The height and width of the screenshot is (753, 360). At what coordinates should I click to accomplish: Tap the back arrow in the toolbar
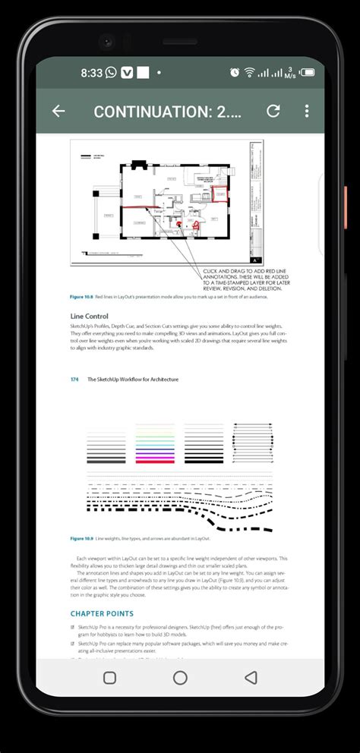point(58,111)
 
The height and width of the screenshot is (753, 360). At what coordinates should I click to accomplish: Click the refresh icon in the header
point(273,111)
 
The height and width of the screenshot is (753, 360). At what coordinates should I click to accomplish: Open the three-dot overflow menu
point(307,111)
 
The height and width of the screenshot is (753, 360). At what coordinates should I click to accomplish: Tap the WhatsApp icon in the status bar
point(111,73)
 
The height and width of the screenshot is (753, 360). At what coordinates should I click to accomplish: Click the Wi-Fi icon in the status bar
point(249,73)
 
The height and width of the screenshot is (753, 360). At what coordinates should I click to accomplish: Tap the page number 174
point(74,380)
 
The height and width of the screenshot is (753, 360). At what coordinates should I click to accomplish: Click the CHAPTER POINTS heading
point(102,613)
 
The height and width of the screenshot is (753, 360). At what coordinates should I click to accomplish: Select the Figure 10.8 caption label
point(81,296)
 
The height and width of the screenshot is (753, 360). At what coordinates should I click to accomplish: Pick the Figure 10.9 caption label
point(81,538)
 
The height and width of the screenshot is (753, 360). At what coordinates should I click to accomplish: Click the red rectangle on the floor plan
point(219,195)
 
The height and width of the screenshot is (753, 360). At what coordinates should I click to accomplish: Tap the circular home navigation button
point(180,677)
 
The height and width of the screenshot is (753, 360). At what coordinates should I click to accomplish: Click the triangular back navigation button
point(251,677)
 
